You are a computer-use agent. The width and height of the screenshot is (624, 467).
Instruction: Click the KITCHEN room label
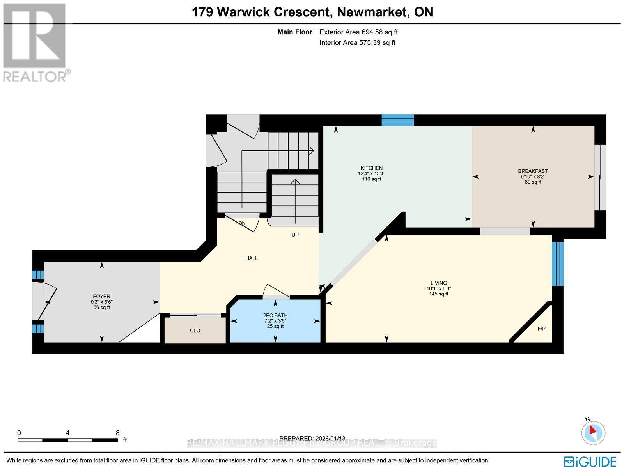click(371, 168)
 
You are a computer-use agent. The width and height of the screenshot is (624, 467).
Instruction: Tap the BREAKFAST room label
click(533, 171)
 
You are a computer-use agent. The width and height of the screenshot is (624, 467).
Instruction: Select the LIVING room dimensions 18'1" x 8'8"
click(438, 288)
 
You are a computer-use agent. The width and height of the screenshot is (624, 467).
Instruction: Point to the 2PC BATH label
click(275, 315)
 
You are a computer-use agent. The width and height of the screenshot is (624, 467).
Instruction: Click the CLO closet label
click(195, 330)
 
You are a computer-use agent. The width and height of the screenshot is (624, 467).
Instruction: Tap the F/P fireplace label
click(541, 329)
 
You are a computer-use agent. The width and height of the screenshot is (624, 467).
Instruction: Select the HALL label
click(252, 258)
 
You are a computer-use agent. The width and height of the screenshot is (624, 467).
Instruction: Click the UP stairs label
click(295, 235)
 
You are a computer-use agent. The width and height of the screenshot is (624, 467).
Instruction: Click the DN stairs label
click(242, 223)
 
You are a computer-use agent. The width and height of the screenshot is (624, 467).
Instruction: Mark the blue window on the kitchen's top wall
click(397, 120)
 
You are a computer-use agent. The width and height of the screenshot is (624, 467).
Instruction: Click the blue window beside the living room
click(558, 264)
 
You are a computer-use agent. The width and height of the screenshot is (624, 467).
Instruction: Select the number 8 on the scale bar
click(117, 433)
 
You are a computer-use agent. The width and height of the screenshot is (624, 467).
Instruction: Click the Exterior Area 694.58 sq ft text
click(358, 32)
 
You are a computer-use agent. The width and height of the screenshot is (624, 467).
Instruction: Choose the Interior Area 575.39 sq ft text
click(357, 42)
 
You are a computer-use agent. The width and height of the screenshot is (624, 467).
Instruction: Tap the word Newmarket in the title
click(372, 12)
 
